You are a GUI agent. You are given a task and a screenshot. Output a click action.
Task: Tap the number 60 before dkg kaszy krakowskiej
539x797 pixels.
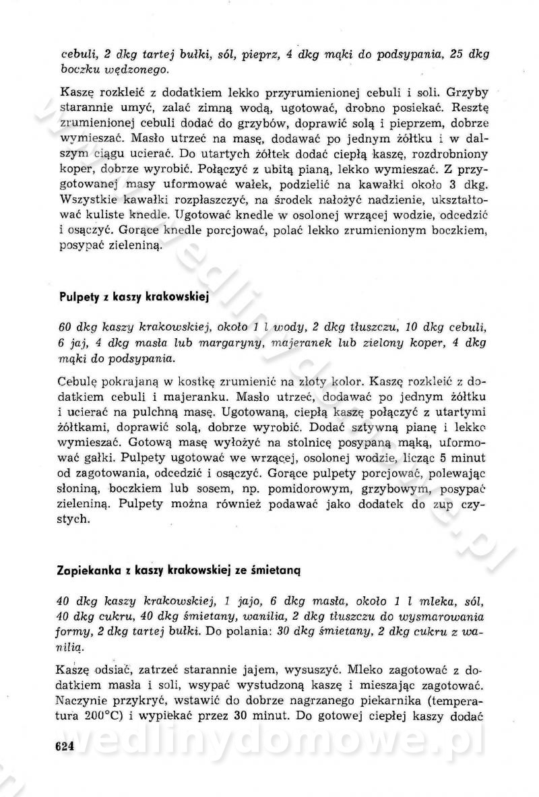point(66,327)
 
